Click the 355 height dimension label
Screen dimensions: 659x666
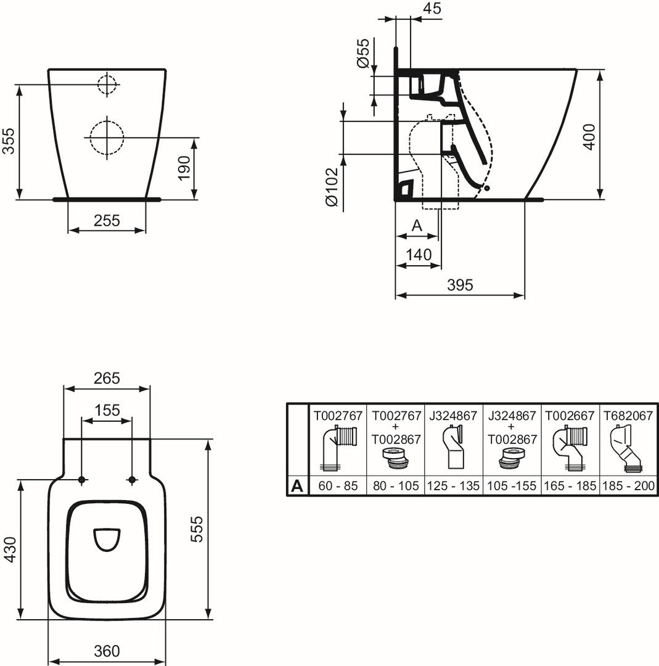(x=9, y=141)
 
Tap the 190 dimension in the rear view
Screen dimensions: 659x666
(x=184, y=168)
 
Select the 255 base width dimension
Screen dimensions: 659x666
(x=107, y=220)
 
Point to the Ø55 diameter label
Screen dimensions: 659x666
(x=363, y=53)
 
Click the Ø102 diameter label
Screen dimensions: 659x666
(x=332, y=187)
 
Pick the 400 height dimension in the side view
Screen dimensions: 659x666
(x=589, y=137)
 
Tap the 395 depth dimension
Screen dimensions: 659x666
(x=460, y=285)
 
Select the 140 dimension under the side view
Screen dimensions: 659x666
(x=419, y=255)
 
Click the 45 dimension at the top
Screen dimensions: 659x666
(x=432, y=8)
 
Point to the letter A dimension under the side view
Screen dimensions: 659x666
(x=417, y=226)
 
